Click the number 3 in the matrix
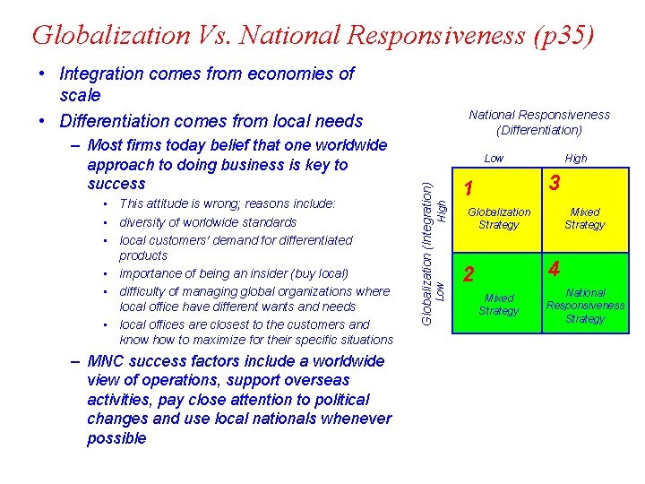[x=555, y=183]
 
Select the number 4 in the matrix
[x=555, y=269]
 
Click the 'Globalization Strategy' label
[x=499, y=219]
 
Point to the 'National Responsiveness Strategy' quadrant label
[x=585, y=306]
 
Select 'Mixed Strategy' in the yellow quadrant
[x=585, y=219]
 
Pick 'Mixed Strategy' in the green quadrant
[x=499, y=305]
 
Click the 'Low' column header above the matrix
[x=494, y=159]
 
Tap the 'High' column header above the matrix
[x=576, y=159]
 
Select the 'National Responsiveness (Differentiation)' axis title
[x=539, y=122]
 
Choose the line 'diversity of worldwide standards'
[x=208, y=222]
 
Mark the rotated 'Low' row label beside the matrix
[x=442, y=290]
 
